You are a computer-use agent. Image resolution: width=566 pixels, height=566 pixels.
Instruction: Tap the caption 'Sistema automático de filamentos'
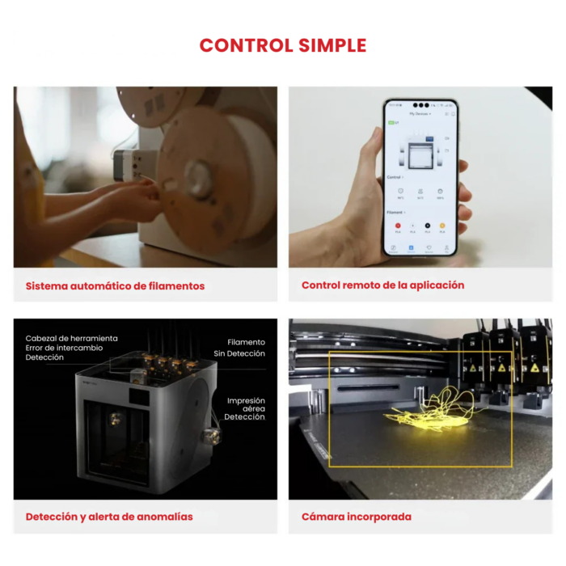click(x=115, y=285)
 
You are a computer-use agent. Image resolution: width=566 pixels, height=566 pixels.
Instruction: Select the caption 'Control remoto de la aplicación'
click(x=382, y=285)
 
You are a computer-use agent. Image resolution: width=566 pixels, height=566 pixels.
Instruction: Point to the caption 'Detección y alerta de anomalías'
click(x=109, y=516)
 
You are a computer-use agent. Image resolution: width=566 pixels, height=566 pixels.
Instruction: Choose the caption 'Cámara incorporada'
click(x=357, y=516)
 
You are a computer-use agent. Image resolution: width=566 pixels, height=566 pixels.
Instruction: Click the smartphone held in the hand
click(x=420, y=178)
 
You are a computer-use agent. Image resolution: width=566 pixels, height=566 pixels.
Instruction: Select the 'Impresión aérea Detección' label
click(x=245, y=408)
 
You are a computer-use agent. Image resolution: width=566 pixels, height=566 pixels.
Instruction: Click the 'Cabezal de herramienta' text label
click(x=71, y=338)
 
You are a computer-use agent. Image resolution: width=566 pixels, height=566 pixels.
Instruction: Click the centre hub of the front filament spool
click(x=197, y=175)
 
